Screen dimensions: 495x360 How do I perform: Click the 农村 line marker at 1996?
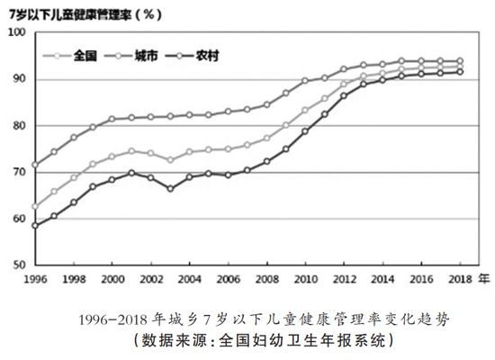tap(35, 226)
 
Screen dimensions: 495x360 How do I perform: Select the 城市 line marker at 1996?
tap(35, 165)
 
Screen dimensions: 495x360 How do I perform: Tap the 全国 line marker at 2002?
tap(151, 153)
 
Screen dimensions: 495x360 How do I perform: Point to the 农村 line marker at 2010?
tap(305, 131)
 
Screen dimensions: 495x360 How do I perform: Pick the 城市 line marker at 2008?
tap(266, 104)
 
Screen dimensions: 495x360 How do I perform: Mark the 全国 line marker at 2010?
tap(305, 110)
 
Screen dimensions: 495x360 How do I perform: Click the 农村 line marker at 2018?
tap(460, 72)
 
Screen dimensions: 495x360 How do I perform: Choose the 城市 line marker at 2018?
tap(460, 61)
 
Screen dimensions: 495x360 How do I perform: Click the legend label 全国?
tap(85, 56)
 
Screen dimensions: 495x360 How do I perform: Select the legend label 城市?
tap(146, 56)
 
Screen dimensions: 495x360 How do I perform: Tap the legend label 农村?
tap(207, 56)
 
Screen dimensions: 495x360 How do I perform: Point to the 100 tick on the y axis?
tap(17, 32)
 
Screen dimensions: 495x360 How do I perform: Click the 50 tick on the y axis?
tap(19, 265)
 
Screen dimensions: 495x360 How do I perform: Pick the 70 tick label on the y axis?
tap(19, 172)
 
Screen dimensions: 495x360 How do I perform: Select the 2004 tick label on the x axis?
tap(189, 279)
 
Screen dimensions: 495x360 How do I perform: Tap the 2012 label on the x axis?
tap(344, 279)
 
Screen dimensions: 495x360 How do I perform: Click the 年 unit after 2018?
tap(483, 278)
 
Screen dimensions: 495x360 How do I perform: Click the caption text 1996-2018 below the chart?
tap(112, 320)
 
